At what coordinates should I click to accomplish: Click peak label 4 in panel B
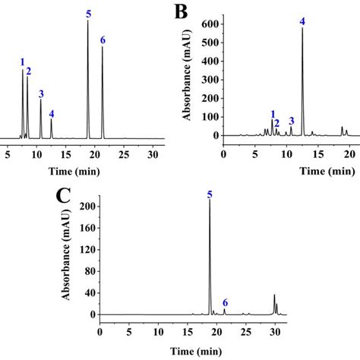pyautogui.click(x=302, y=21)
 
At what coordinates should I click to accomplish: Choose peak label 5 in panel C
pyautogui.click(x=210, y=195)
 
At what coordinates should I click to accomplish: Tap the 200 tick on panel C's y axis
pyautogui.click(x=90, y=207)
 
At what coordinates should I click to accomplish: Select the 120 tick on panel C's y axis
pyautogui.click(x=90, y=250)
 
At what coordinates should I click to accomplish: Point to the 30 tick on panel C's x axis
pyautogui.click(x=275, y=331)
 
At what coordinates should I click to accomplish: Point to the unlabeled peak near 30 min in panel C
pyautogui.click(x=275, y=295)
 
